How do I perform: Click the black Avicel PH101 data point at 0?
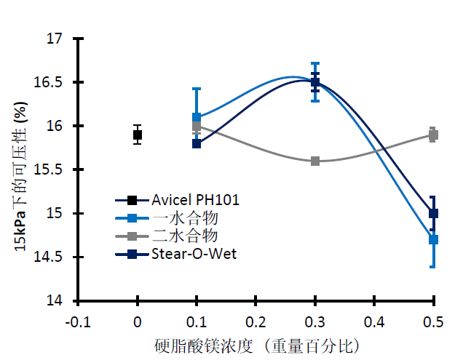coord(138,135)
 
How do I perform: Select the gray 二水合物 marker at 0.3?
coord(315,161)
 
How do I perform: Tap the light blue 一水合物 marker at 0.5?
coord(434,239)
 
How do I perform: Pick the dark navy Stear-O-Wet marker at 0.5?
coord(434,213)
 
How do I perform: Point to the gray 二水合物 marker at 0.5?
coord(434,135)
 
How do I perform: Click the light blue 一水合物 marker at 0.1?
coord(197,117)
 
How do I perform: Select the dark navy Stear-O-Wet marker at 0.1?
coord(197,143)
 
